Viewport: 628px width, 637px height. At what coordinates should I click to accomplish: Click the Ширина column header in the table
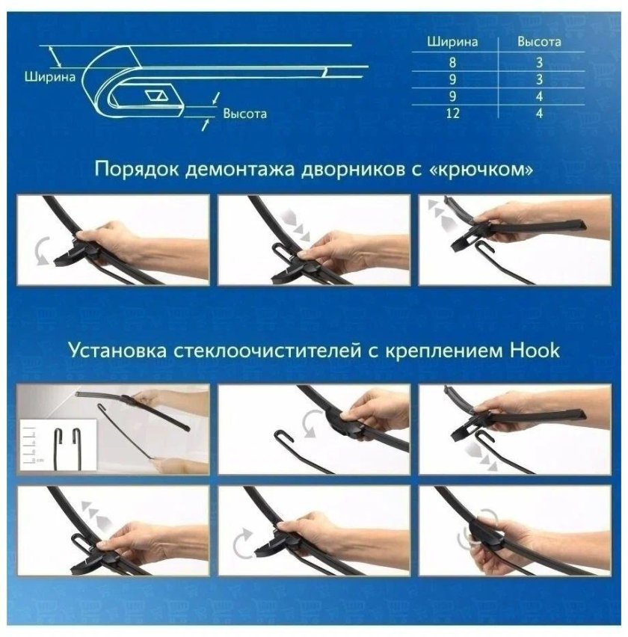[452, 42]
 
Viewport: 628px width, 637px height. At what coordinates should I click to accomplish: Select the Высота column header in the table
[539, 42]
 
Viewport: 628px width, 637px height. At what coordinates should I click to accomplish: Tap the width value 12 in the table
[452, 114]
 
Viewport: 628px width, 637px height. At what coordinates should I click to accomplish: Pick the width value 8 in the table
[452, 62]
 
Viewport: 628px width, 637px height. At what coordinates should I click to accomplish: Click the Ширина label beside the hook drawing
[49, 76]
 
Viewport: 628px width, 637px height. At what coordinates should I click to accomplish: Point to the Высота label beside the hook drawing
[244, 114]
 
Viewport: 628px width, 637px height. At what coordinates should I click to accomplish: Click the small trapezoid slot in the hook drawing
[158, 96]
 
